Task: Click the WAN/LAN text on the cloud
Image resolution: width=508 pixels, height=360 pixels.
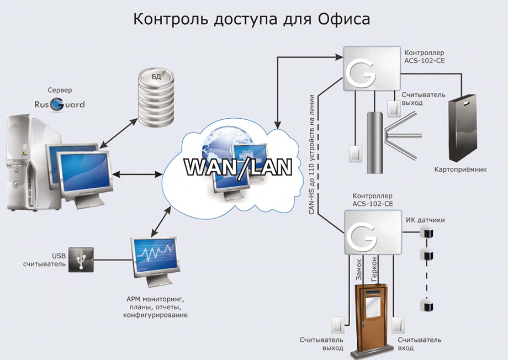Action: (237, 167)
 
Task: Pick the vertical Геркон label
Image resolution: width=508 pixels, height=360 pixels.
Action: (374, 269)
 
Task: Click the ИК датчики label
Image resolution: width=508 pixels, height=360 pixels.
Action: (425, 220)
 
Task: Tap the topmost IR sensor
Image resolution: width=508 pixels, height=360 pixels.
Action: (426, 232)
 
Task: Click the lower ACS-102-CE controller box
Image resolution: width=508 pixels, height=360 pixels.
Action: (369, 234)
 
